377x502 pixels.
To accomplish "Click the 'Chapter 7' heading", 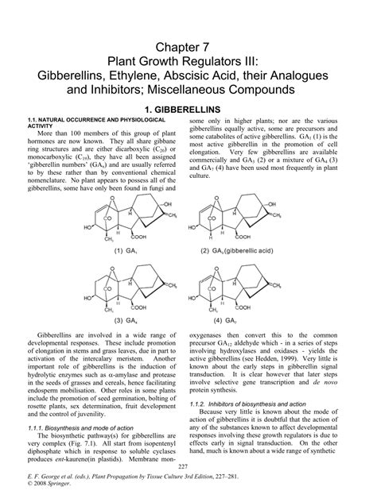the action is [188, 48].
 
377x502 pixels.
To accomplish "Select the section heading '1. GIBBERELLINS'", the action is [188, 106].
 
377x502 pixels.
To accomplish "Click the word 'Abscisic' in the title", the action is [235, 77].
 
